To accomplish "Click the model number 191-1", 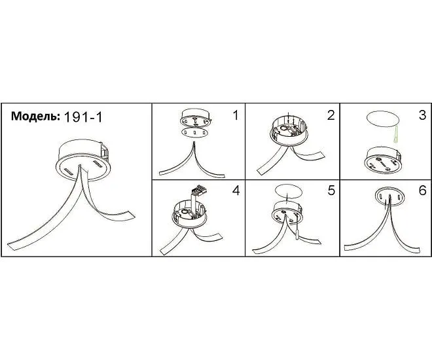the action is point(83,117).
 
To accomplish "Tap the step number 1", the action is point(236,115).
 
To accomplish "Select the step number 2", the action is point(331,115).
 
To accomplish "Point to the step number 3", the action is point(422,115).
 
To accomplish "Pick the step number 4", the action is point(236,190).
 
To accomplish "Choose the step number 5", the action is point(331,190).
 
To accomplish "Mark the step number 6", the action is point(422,190).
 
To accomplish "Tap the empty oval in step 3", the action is point(383,119).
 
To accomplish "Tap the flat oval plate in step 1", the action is point(195,132).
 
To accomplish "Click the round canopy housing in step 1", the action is point(195,117).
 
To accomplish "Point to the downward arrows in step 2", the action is point(291,118).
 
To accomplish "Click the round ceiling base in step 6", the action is point(390,196).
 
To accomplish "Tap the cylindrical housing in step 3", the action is point(383,160).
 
